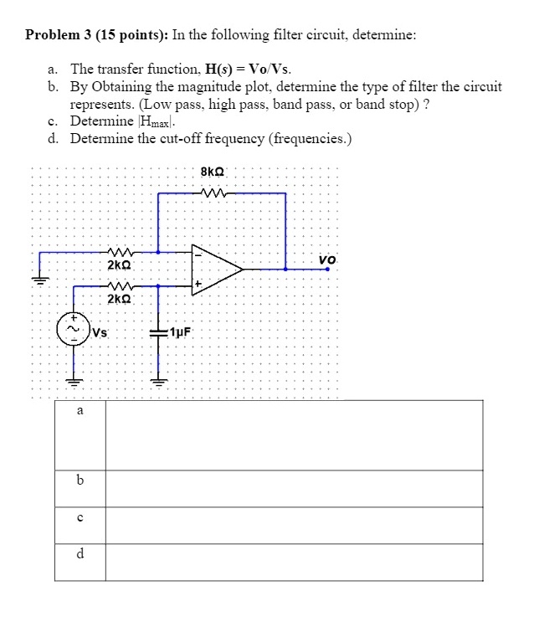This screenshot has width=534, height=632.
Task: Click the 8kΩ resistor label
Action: pos(212,172)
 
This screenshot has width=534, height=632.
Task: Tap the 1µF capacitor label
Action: pos(181,331)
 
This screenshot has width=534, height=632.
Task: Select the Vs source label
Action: pos(100,331)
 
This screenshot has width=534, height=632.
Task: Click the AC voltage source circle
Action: pos(72,330)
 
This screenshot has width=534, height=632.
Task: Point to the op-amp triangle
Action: pos(213,269)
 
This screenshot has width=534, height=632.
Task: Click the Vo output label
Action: pos(328,259)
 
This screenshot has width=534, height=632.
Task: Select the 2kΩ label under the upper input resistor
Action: pos(119,265)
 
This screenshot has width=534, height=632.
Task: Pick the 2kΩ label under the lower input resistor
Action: pos(119,298)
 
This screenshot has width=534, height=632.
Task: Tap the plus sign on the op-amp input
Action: pos(198,286)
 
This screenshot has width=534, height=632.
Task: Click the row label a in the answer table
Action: pos(80,411)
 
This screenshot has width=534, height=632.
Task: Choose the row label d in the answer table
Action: pos(80,553)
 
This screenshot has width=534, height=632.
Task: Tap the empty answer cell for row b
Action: pos(294,488)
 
